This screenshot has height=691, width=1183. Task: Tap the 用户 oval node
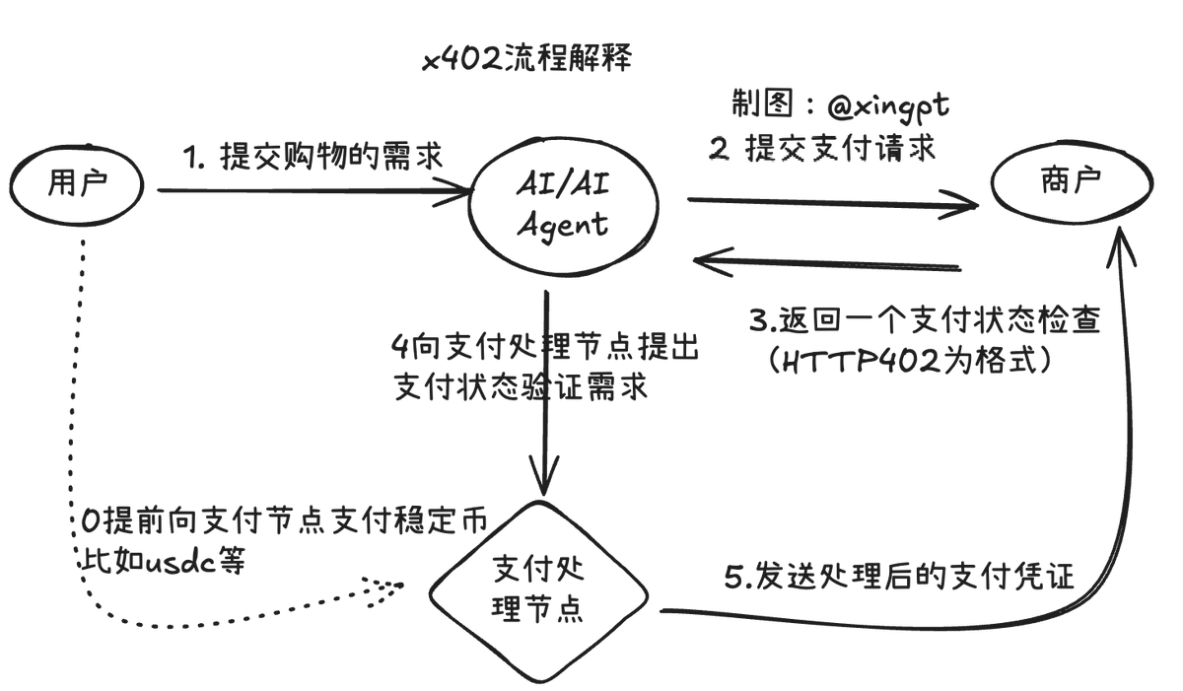point(76,184)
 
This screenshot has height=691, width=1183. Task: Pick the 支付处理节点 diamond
point(537,590)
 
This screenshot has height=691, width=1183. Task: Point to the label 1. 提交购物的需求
point(313,155)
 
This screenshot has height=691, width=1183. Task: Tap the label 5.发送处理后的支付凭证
point(899,578)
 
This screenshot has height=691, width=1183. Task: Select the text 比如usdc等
point(164,560)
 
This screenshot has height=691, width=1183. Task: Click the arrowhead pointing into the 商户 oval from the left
point(966,206)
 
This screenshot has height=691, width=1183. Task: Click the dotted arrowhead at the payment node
point(389,586)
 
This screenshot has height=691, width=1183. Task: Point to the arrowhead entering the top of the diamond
point(544,479)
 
